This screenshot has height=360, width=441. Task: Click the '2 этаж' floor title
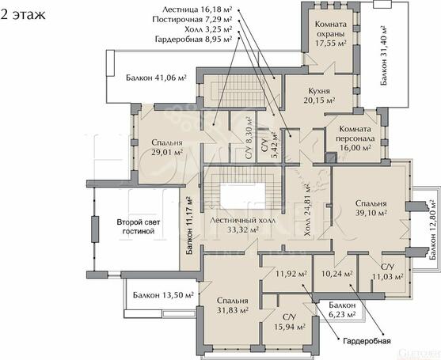[22, 14]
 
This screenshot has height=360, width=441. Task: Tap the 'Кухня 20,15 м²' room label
[319, 96]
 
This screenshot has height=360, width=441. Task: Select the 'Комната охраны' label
[330, 29]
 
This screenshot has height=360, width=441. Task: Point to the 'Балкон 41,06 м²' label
[156, 78]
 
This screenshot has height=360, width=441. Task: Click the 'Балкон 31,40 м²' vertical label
[384, 55]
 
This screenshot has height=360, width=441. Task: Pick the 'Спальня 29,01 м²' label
[167, 147]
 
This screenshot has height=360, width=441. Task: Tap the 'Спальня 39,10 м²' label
[371, 207]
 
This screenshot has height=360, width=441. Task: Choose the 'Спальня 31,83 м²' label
[232, 305]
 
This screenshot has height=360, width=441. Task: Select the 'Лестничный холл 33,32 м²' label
[243, 225]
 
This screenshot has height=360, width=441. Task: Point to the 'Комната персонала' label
[355, 134]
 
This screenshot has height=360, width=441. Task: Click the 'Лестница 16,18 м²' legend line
[197, 9]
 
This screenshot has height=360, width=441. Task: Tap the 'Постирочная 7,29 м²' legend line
[192, 20]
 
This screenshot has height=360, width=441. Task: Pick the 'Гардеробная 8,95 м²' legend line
[193, 39]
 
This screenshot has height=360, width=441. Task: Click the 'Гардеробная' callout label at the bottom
[367, 341]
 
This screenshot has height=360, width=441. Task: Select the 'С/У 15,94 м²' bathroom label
[290, 322]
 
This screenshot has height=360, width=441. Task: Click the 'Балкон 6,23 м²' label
[342, 309]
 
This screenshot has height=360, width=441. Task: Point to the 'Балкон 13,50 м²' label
[163, 295]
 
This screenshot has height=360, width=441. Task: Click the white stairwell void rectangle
[242, 196]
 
